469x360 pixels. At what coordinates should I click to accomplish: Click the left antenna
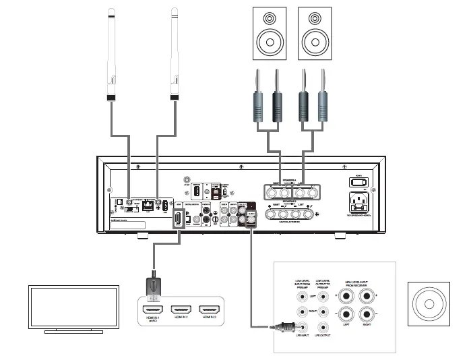point(113,54)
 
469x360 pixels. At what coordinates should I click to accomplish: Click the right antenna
point(175,54)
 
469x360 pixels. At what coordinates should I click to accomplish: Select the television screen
point(73,307)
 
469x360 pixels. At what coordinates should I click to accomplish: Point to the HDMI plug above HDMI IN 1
point(154,286)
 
